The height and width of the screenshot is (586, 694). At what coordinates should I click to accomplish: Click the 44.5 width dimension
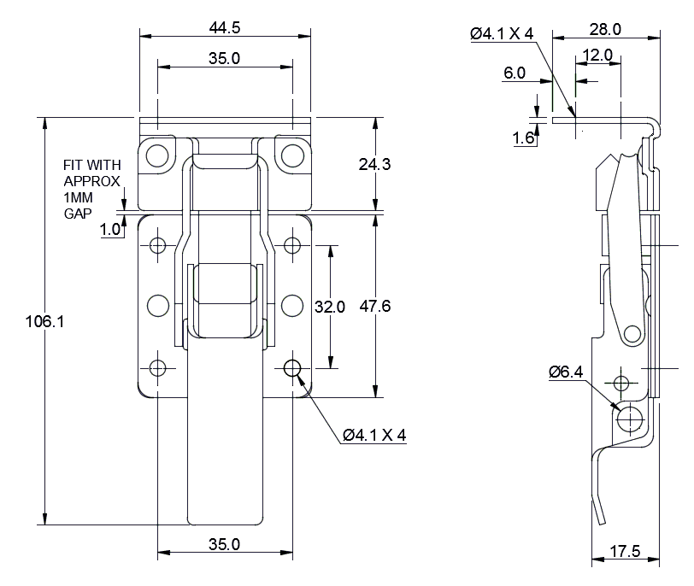click(225, 27)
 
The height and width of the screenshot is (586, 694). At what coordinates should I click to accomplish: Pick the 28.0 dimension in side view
click(605, 29)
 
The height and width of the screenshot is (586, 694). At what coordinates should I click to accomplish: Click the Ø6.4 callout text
click(566, 372)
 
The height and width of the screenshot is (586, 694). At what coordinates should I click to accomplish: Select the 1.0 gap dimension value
click(110, 229)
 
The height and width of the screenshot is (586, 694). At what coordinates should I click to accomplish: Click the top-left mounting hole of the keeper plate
click(156, 155)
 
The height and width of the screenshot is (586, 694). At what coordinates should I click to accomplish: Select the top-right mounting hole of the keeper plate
click(292, 155)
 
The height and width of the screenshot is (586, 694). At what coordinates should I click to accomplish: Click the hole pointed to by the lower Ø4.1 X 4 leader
click(292, 368)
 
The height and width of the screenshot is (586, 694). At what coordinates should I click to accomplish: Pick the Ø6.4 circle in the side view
click(631, 417)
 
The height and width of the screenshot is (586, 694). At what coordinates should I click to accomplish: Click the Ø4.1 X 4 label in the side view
click(502, 33)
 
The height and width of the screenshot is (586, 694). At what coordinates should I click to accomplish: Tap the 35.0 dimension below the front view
click(225, 543)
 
